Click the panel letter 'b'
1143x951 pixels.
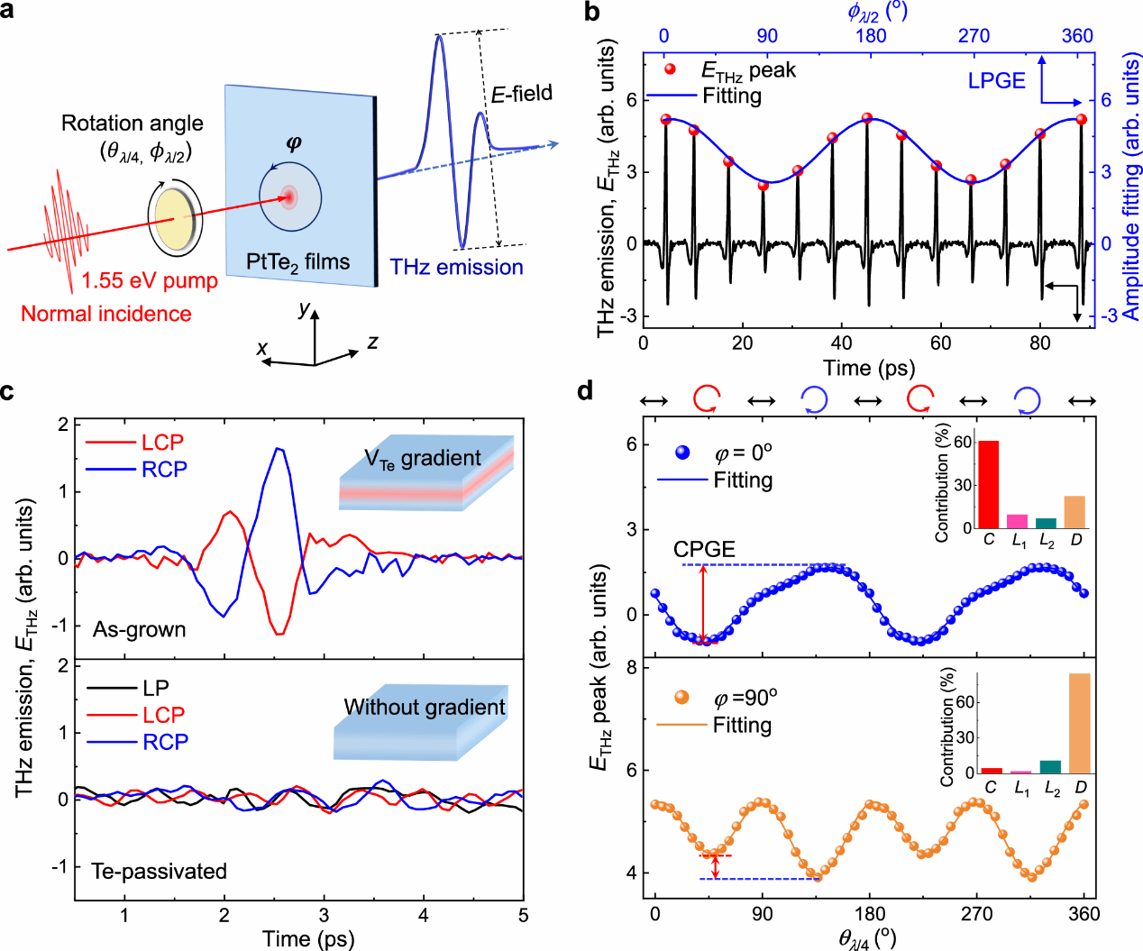pos(592,12)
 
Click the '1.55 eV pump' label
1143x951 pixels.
pos(150,281)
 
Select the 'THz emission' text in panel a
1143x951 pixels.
pos(456,268)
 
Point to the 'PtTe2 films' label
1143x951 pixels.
pos(297,262)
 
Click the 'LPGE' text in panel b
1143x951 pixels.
pos(996,81)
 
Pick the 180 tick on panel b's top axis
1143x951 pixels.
pos(871,36)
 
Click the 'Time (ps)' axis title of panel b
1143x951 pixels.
pos(869,368)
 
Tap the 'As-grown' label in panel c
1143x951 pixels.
pos(140,629)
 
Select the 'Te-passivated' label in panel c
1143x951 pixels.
pos(159,872)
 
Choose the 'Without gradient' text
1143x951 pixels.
pos(425,708)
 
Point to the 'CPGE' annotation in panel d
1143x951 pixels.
pos(704,550)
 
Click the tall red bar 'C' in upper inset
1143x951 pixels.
pos(989,484)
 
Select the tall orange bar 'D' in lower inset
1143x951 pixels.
pos(1080,723)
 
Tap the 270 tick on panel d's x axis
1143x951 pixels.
pos(977,914)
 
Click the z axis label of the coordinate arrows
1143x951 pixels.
pos(372,342)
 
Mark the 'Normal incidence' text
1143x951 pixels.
pos(106,314)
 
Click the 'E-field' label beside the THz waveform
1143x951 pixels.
pos(521,94)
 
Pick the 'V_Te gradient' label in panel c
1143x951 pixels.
pos(423,459)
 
